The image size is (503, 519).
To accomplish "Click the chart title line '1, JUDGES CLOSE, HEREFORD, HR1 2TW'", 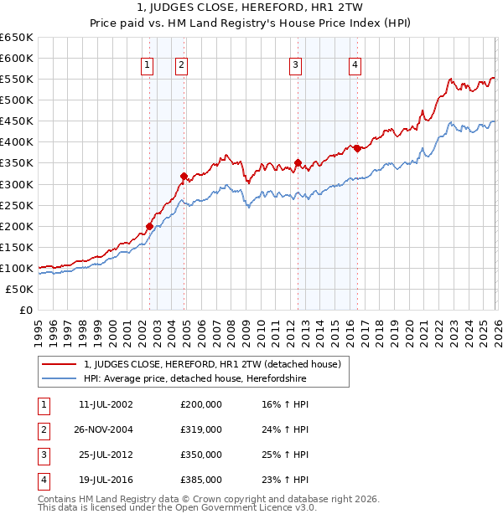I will pyautogui.click(x=251, y=8).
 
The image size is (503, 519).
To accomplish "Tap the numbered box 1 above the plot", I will pyautogui.click(x=148, y=65).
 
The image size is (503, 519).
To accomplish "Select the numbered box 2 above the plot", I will pyautogui.click(x=181, y=65).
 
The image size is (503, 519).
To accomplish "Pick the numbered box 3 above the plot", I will pyautogui.click(x=296, y=65).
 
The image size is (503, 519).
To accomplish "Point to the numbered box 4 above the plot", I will pyautogui.click(x=355, y=65).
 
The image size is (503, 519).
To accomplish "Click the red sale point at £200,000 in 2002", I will pyautogui.click(x=149, y=226).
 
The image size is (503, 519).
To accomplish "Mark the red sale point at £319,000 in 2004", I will pyautogui.click(x=184, y=176).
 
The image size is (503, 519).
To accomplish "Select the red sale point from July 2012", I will pyautogui.click(x=298, y=162).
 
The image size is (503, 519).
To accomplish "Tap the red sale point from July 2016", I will pyautogui.click(x=357, y=148).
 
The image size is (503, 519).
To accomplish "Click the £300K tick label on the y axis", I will pyautogui.click(x=17, y=184).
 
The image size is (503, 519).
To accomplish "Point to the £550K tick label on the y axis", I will pyautogui.click(x=17, y=80).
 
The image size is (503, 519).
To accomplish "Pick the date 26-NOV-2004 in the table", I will pyautogui.click(x=106, y=429).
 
